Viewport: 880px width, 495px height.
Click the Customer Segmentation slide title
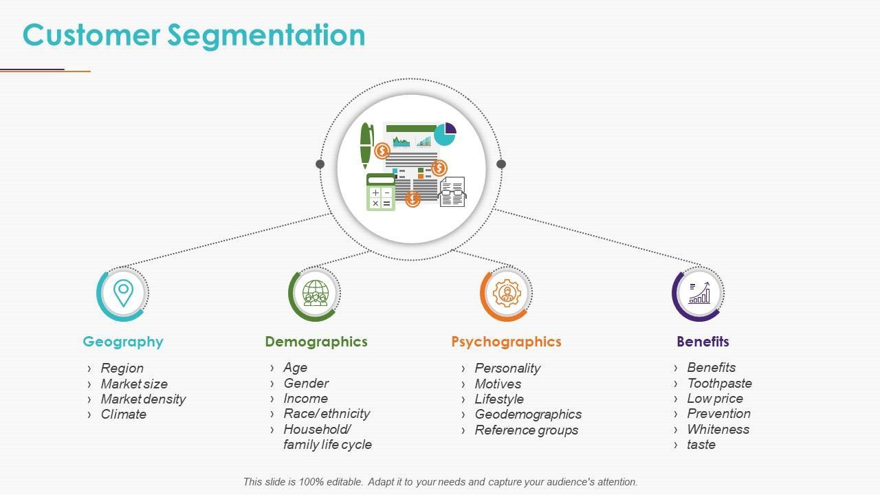pyautogui.click(x=194, y=35)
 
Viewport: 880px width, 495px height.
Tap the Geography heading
pyautogui.click(x=123, y=342)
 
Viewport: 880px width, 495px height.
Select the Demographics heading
pyautogui.click(x=316, y=342)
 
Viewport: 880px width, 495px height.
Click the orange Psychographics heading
pyautogui.click(x=506, y=342)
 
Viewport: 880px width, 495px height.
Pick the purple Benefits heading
pyautogui.click(x=703, y=342)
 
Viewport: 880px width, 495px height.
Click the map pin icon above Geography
pyautogui.click(x=123, y=293)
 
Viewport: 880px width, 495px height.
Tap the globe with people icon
pyautogui.click(x=315, y=293)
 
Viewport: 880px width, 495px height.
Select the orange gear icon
pyautogui.click(x=507, y=293)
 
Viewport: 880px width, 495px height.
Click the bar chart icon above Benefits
pyautogui.click(x=698, y=293)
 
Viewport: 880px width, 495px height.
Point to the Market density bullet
pyautogui.click(x=143, y=399)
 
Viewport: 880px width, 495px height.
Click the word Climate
pyautogui.click(x=124, y=415)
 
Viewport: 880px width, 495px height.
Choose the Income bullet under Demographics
pyautogui.click(x=305, y=399)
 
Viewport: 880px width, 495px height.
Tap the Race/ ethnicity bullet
pyautogui.click(x=327, y=414)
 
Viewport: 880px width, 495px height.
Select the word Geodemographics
pyautogui.click(x=528, y=415)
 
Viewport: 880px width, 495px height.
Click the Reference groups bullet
pyautogui.click(x=526, y=430)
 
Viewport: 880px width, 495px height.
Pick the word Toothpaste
pyautogui.click(x=719, y=384)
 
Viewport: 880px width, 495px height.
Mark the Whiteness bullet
pyautogui.click(x=718, y=430)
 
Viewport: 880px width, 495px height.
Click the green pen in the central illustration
pyautogui.click(x=366, y=145)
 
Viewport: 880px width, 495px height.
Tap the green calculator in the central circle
pyautogui.click(x=380, y=192)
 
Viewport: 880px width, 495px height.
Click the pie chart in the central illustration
pyautogui.click(x=445, y=134)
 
